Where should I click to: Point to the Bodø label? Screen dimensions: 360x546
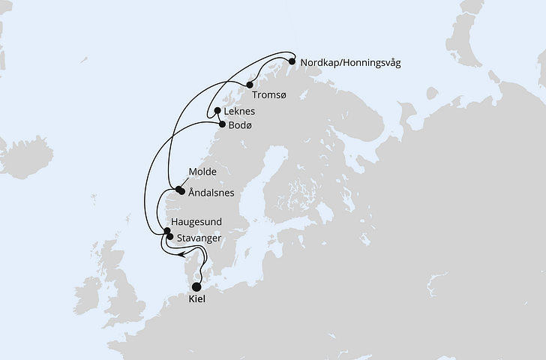coord(240,126)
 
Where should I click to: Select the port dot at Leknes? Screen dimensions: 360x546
coord(217,111)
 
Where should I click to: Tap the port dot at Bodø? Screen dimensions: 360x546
coord(221,124)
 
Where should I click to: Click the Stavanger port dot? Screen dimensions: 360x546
coord(170,238)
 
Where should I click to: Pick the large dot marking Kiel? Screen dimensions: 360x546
coord(197,286)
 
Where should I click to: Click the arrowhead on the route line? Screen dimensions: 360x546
coord(183,253)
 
